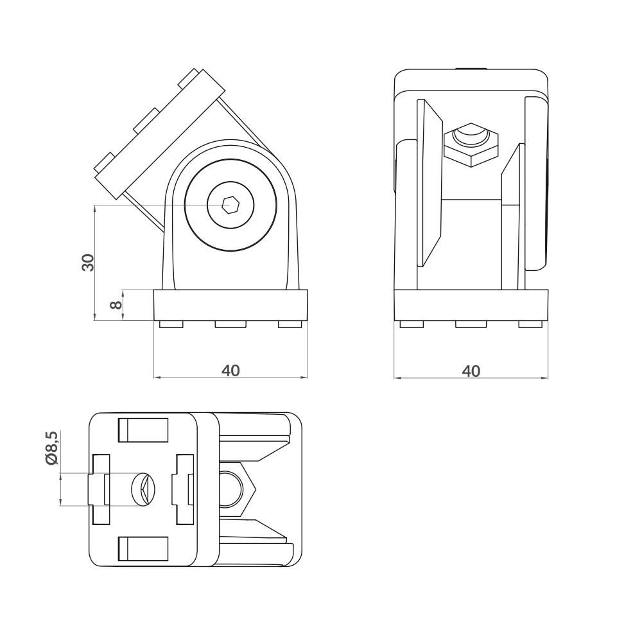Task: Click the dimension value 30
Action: click(88, 262)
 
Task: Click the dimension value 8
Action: click(116, 305)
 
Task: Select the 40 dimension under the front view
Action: click(230, 370)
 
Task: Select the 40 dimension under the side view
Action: click(471, 370)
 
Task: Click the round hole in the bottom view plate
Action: click(143, 490)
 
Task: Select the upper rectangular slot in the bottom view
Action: click(143, 430)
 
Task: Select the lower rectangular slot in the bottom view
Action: click(143, 549)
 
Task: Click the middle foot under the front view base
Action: click(230, 324)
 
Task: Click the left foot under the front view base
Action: click(171, 324)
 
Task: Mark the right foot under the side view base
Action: click(530, 324)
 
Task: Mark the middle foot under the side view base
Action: click(471, 324)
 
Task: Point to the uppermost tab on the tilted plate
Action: click(190, 79)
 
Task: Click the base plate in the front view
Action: click(230, 305)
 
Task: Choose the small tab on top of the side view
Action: click(471, 67)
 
